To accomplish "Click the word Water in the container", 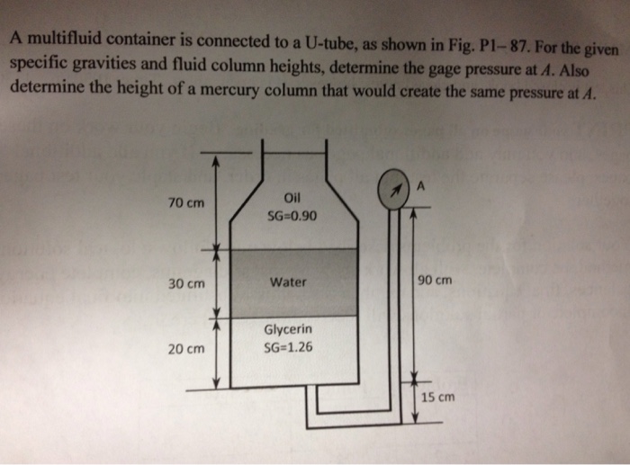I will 289,282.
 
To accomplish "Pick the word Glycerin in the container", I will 289,331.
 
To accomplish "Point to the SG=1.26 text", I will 289,348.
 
